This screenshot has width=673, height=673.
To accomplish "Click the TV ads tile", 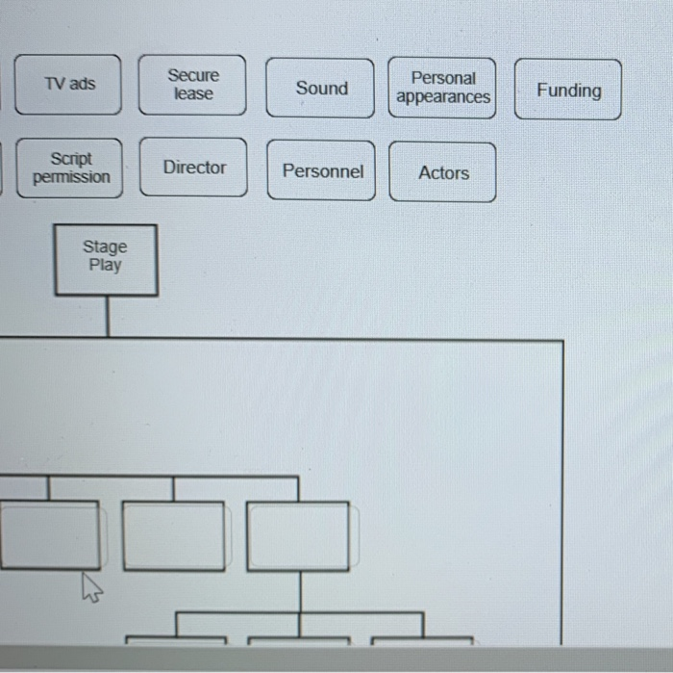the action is (x=68, y=85).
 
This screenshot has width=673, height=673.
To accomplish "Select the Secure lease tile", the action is (x=192, y=85).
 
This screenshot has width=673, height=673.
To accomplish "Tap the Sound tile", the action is (x=320, y=89).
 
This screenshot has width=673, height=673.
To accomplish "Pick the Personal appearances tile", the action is (x=442, y=89).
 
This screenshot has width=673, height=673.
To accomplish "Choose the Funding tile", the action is (x=568, y=90).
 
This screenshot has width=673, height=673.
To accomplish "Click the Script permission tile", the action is (x=69, y=168).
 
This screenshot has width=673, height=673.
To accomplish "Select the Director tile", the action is (x=193, y=168).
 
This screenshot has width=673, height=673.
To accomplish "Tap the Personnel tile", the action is (x=321, y=170).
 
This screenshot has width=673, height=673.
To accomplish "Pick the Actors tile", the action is (x=442, y=172).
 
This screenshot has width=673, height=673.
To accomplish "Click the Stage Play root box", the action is (x=106, y=260).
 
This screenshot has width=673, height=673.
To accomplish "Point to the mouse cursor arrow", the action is (x=91, y=587).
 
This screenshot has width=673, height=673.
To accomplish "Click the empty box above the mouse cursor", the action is (x=50, y=535).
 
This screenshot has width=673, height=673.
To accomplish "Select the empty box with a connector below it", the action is (x=298, y=536).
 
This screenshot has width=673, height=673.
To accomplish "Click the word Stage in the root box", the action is (x=105, y=246).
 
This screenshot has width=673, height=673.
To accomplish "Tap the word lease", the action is (x=193, y=93).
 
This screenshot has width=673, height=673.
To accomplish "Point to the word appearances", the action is (x=443, y=97).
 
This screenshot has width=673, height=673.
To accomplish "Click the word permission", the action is (x=71, y=177).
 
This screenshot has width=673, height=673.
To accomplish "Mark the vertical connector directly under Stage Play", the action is (x=108, y=317).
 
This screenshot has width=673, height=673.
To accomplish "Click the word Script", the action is (x=71, y=159).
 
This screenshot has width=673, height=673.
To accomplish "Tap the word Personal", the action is (x=443, y=78).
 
